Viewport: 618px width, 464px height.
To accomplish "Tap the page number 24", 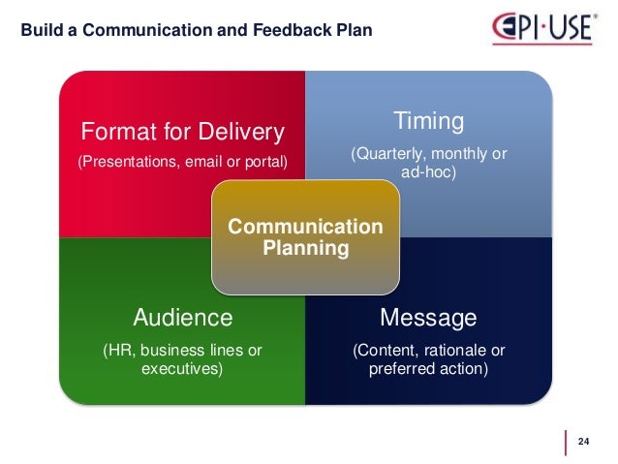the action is pyautogui.click(x=583, y=442).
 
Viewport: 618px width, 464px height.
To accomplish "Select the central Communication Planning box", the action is pyautogui.click(x=305, y=237).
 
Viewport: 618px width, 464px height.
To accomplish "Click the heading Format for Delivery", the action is pyautogui.click(x=182, y=130).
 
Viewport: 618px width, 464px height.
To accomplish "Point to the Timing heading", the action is pyautogui.click(x=428, y=121).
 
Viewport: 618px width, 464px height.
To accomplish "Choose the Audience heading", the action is pyautogui.click(x=182, y=317).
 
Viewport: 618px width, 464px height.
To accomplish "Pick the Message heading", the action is pyautogui.click(x=428, y=317).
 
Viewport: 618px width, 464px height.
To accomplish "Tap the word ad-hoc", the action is pyautogui.click(x=428, y=172).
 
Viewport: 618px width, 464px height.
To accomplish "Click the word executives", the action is pyautogui.click(x=182, y=369).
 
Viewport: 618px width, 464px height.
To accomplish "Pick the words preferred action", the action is pyautogui.click(x=428, y=369).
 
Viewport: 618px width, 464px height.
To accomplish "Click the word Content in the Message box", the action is pyautogui.click(x=385, y=350).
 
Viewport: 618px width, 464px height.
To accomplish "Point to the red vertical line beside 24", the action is pyautogui.click(x=566, y=442).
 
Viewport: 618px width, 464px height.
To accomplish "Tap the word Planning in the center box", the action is pyautogui.click(x=305, y=248).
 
